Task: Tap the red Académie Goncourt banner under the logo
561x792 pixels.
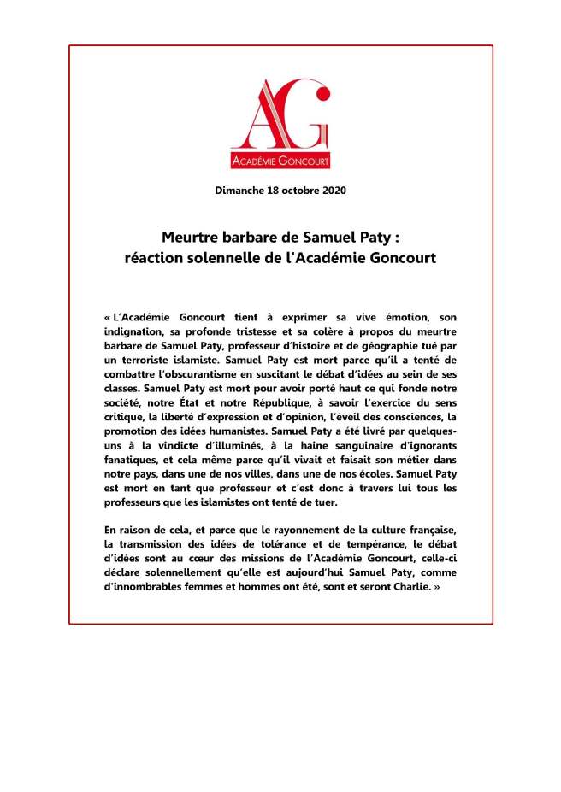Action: pos(280,161)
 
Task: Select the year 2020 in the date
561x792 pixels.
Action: pos(331,190)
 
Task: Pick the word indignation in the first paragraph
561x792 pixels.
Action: pos(138,329)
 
